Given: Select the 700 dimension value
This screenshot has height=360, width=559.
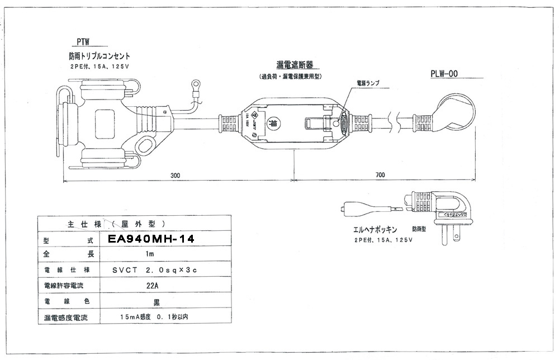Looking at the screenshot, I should tap(381, 175).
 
